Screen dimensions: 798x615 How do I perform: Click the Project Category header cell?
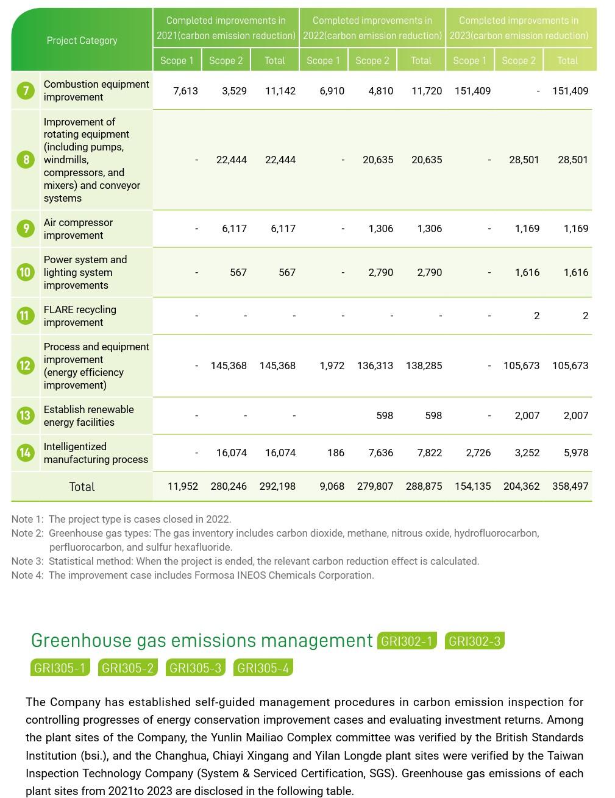tap(82, 40)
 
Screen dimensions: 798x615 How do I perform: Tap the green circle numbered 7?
tap(26, 91)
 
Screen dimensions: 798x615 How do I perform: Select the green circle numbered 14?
tap(26, 453)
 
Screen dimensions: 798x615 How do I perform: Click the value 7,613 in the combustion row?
tap(185, 91)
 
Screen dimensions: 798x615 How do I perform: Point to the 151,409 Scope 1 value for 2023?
tap(472, 91)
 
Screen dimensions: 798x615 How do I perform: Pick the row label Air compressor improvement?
tap(78, 228)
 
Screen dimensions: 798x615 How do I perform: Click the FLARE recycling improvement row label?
tap(80, 316)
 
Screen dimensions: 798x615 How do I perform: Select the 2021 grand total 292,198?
tap(277, 486)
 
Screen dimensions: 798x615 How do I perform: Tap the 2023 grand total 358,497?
tap(570, 486)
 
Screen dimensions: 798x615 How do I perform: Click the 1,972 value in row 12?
tap(332, 365)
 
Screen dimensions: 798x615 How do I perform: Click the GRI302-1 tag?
tap(407, 641)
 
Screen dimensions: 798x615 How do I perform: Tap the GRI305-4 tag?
tap(263, 668)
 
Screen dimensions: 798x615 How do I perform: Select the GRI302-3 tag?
tap(474, 641)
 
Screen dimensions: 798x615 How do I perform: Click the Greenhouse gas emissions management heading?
tap(202, 640)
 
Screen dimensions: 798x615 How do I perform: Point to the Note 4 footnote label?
tap(27, 575)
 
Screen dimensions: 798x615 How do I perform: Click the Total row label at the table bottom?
tap(82, 487)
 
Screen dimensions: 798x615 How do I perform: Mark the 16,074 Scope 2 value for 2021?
tap(232, 453)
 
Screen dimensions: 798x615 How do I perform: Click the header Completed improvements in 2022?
tap(372, 28)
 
